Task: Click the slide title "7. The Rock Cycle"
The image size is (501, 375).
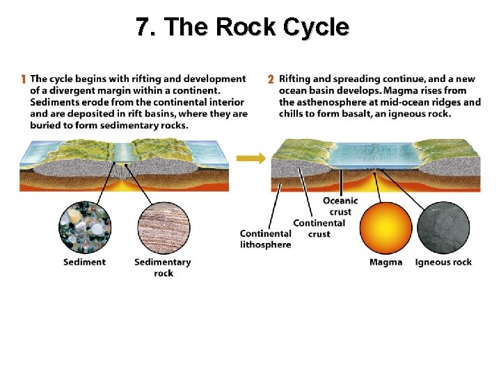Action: (242, 27)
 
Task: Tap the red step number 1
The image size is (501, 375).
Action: (24, 79)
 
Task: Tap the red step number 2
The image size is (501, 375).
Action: (271, 79)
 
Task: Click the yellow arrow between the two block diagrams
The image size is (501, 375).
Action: (250, 158)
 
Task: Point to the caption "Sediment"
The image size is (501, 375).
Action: (84, 262)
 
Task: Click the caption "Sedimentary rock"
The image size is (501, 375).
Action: (162, 267)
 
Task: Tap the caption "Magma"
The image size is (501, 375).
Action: (385, 262)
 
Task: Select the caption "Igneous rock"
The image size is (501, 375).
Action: (443, 262)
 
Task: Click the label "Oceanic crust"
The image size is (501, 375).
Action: (340, 206)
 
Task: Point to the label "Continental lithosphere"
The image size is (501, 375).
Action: (265, 239)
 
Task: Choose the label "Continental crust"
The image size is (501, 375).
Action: (319, 228)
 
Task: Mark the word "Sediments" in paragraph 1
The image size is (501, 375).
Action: (53, 102)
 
